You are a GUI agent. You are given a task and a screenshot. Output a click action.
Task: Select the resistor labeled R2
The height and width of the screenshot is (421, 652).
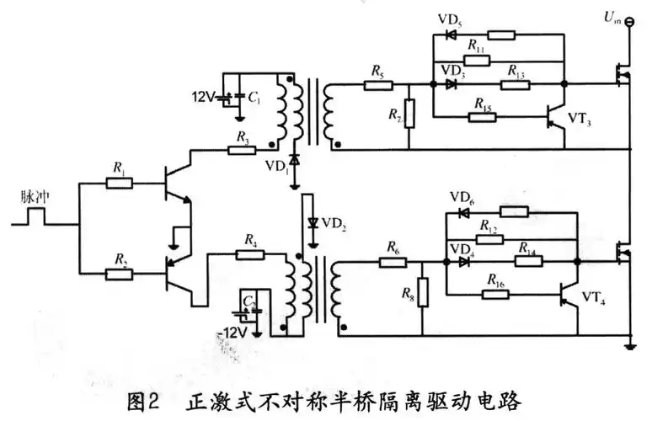(x=120, y=272)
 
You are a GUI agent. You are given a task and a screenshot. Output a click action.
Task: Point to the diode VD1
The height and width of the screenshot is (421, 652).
(x=294, y=159)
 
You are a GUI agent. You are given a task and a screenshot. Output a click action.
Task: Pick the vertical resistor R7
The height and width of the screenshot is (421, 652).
(x=409, y=115)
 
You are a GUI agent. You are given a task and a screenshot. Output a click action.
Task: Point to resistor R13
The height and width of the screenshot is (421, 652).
(x=514, y=85)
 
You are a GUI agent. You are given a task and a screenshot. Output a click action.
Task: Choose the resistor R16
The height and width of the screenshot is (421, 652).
(x=495, y=295)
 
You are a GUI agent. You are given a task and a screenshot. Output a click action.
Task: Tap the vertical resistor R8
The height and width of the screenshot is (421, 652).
(x=423, y=291)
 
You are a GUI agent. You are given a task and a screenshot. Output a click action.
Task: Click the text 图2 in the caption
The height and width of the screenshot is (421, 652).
(x=146, y=396)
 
